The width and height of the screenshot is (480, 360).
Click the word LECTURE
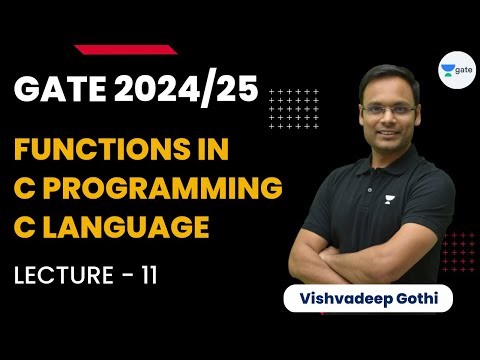[x=59, y=271]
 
